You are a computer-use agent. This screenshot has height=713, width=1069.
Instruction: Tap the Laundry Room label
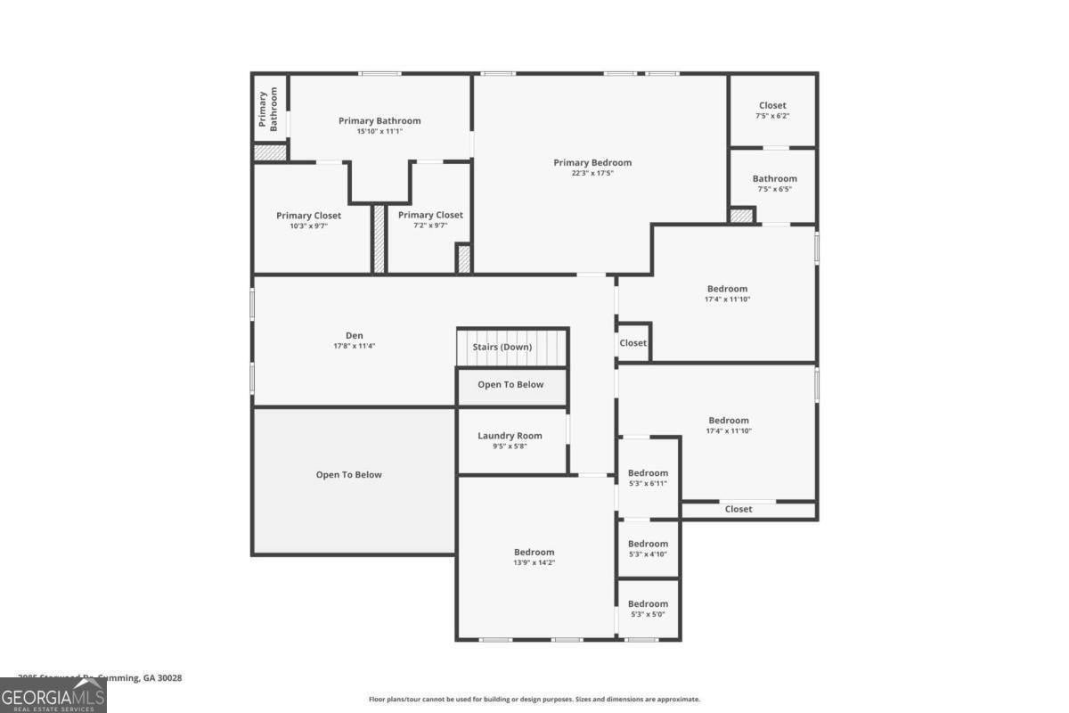point(510,436)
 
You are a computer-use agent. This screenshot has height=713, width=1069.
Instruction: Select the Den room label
point(355,335)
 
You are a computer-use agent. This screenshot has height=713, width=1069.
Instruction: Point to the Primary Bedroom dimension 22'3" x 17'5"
point(592,173)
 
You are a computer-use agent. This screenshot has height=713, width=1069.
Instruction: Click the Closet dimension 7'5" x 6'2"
point(772,116)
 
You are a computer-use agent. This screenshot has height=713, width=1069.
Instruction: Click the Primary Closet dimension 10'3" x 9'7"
point(308,226)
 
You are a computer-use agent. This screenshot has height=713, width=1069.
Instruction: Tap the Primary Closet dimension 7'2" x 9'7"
point(430,226)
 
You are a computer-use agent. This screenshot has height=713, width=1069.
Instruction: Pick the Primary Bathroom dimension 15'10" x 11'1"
point(379,131)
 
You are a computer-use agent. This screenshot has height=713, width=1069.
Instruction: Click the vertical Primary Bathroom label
point(269,111)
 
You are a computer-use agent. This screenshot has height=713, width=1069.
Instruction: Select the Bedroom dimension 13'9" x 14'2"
point(534,562)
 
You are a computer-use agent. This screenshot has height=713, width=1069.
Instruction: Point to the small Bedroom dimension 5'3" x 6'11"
point(648,484)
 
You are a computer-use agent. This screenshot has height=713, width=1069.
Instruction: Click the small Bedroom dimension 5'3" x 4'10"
point(648,554)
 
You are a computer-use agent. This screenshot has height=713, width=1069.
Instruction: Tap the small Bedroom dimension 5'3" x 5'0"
point(648,614)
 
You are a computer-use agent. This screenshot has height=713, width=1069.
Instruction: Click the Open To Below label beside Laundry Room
point(510,385)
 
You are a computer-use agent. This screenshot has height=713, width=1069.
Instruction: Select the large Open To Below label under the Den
point(348,475)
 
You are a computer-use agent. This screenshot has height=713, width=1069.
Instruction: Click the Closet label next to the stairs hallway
point(633,343)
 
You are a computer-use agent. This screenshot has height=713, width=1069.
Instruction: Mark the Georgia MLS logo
point(53,695)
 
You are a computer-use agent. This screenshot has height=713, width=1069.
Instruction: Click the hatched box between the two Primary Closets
point(379,238)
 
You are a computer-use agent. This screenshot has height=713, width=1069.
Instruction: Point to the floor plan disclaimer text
point(534,700)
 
